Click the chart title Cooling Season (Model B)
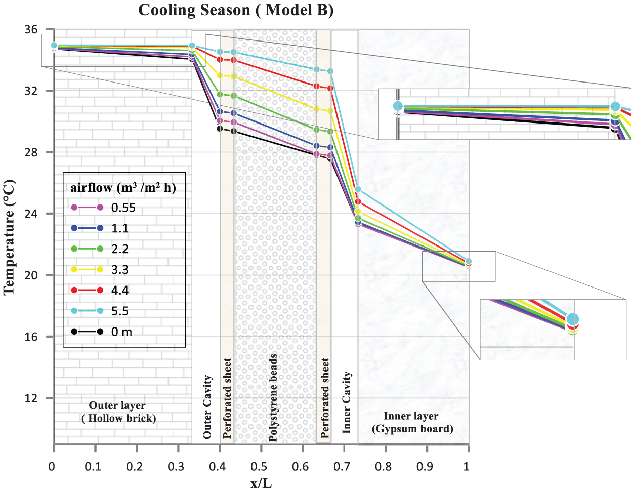(x=236, y=10)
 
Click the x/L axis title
(x=261, y=483)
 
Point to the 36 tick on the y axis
(x=31, y=29)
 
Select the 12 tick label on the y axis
(x=31, y=398)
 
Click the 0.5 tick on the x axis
(x=259, y=466)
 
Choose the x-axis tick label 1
(x=467, y=466)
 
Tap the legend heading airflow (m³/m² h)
(x=123, y=188)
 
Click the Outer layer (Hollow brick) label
(x=118, y=412)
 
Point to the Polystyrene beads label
(x=273, y=397)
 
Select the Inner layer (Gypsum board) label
(x=411, y=422)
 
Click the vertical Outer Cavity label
(x=207, y=406)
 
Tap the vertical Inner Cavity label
(x=346, y=402)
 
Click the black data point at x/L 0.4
(x=220, y=129)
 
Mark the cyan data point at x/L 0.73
(x=358, y=189)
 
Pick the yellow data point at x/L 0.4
(x=220, y=75)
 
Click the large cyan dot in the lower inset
(x=572, y=319)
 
